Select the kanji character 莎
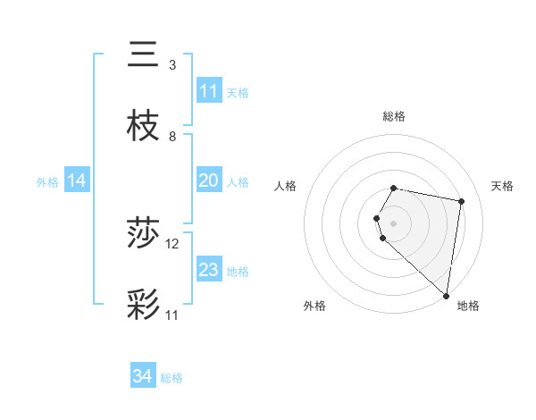click(144, 233)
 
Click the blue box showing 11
click(209, 91)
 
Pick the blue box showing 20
click(209, 181)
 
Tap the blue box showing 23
click(209, 270)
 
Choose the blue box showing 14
click(77, 181)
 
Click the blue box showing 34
click(143, 376)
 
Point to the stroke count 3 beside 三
click(172, 65)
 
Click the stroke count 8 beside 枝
click(172, 137)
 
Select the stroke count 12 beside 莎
click(172, 244)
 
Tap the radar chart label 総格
click(394, 116)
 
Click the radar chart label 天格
click(503, 186)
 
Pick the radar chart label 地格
click(468, 306)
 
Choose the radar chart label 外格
click(314, 306)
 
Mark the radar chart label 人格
click(286, 186)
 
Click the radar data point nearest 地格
click(446, 295)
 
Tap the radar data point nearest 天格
click(461, 201)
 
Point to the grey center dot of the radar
click(394, 223)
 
